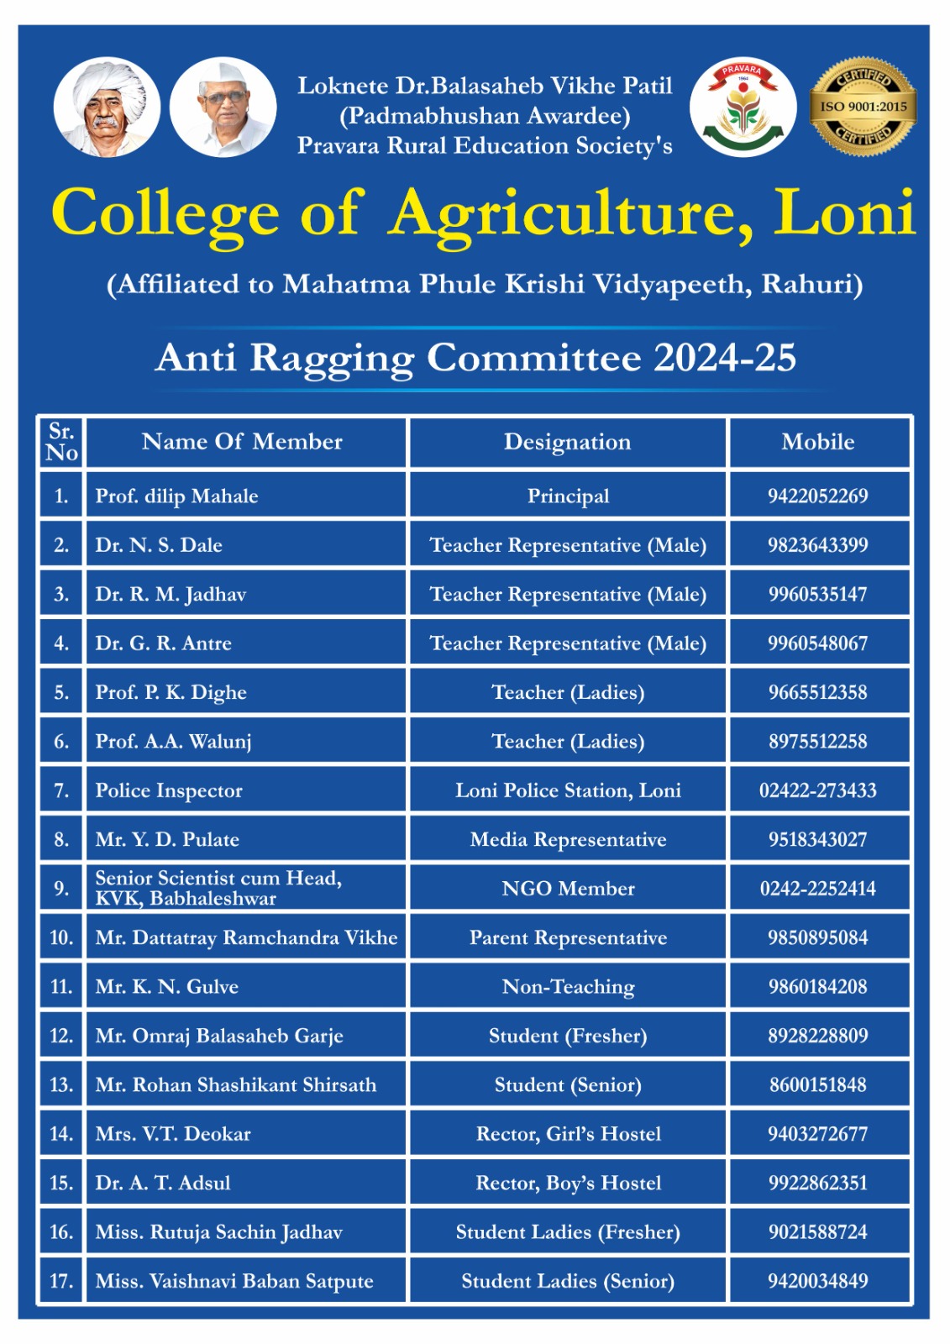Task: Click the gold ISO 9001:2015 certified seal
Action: pyautogui.click(x=863, y=107)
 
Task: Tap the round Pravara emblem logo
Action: pyautogui.click(x=743, y=108)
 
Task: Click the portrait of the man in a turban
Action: pyautogui.click(x=107, y=108)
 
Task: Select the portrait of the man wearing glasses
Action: pyautogui.click(x=223, y=108)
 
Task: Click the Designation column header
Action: pyautogui.click(x=567, y=442)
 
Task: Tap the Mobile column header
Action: pyautogui.click(x=818, y=442)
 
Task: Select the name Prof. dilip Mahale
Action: pyautogui.click(x=176, y=496)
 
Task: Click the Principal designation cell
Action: pyautogui.click(x=568, y=496)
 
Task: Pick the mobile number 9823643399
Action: pyautogui.click(x=818, y=545)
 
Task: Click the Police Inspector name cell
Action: pyautogui.click(x=169, y=790)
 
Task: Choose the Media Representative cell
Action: pyautogui.click(x=568, y=840)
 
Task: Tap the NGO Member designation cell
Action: pyautogui.click(x=568, y=889)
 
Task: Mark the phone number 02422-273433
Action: pyautogui.click(x=818, y=790)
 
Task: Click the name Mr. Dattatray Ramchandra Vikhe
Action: pyautogui.click(x=246, y=937)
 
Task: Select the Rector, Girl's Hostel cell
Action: pyautogui.click(x=568, y=1134)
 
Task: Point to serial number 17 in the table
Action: pyautogui.click(x=61, y=1281)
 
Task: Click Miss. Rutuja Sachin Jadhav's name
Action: pyautogui.click(x=219, y=1232)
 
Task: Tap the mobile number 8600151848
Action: pyautogui.click(x=818, y=1085)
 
